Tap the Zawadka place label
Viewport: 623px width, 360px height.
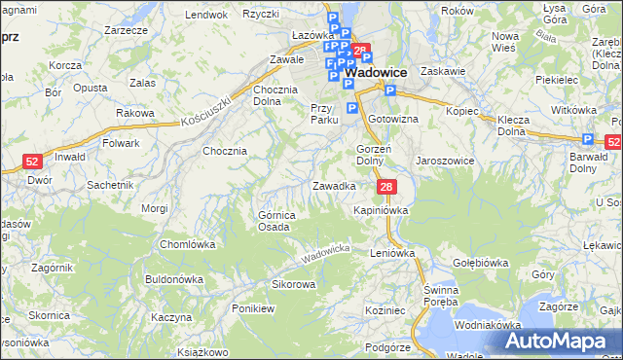(x=333, y=185)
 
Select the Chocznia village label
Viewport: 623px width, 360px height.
(x=225, y=151)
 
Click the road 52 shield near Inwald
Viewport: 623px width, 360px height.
(x=32, y=162)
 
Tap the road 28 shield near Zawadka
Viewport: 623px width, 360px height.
(x=386, y=187)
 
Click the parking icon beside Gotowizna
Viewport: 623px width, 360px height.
(x=390, y=91)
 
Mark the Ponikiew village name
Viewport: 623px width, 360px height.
(x=253, y=307)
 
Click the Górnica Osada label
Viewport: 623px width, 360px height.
(x=274, y=221)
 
